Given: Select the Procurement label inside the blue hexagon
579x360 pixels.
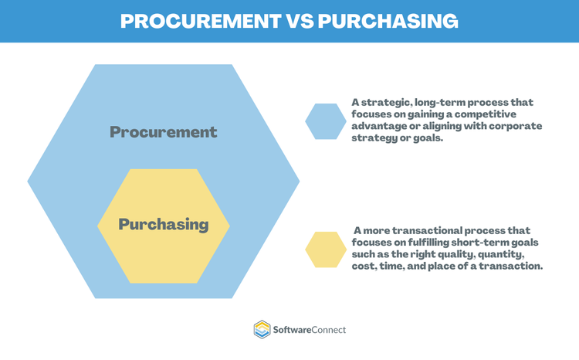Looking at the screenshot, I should [x=163, y=131].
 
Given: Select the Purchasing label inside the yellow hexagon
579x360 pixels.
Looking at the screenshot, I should [x=163, y=225].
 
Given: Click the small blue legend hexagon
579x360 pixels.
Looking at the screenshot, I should [x=325, y=121].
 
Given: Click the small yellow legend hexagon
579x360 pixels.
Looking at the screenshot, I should [x=325, y=250].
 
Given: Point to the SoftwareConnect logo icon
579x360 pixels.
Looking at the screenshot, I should [x=262, y=330].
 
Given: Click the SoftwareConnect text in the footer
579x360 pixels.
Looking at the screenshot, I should [x=310, y=330].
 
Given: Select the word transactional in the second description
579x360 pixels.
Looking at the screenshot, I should [x=429, y=230].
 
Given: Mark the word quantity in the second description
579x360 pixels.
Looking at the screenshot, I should [x=502, y=253].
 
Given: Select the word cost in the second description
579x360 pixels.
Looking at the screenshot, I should [x=365, y=266].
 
